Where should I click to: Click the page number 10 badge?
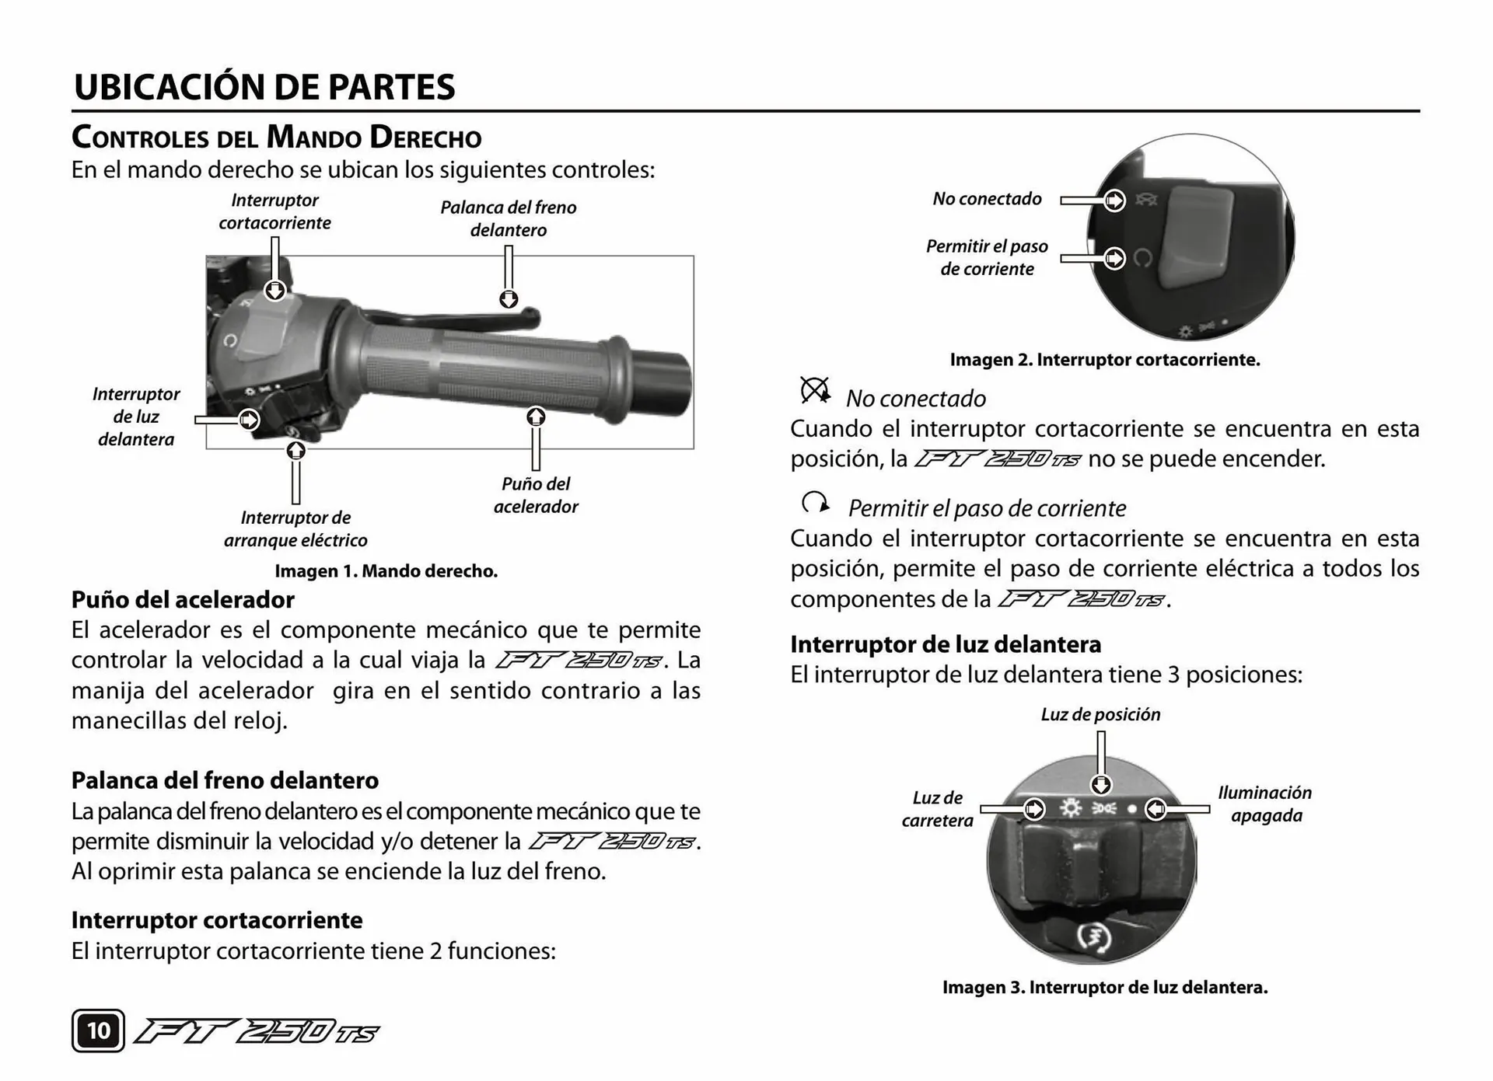coord(98,1030)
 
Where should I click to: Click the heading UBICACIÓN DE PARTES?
coord(264,87)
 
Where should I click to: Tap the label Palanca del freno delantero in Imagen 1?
coord(509,218)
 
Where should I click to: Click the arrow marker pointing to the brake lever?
coord(509,299)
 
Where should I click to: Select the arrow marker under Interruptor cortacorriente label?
coord(274,291)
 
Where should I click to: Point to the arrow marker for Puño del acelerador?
coord(536,417)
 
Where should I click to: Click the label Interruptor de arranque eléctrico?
coord(295,528)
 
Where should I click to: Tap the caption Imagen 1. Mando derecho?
coord(386,571)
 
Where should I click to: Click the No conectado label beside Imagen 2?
coord(987,199)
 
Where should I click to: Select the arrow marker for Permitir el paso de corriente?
coord(1114,258)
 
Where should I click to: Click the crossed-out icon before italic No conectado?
coord(815,390)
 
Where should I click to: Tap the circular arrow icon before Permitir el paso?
coord(815,504)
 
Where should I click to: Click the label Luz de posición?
coord(1100,714)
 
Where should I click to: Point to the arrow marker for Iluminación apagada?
coord(1156,809)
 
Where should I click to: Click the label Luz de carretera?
coord(937,809)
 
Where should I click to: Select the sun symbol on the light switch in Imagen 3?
coord(1071,809)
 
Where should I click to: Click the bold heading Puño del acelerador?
coord(183,600)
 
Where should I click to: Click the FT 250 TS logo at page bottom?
coord(257,1032)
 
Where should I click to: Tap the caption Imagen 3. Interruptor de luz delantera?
coord(1105,988)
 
